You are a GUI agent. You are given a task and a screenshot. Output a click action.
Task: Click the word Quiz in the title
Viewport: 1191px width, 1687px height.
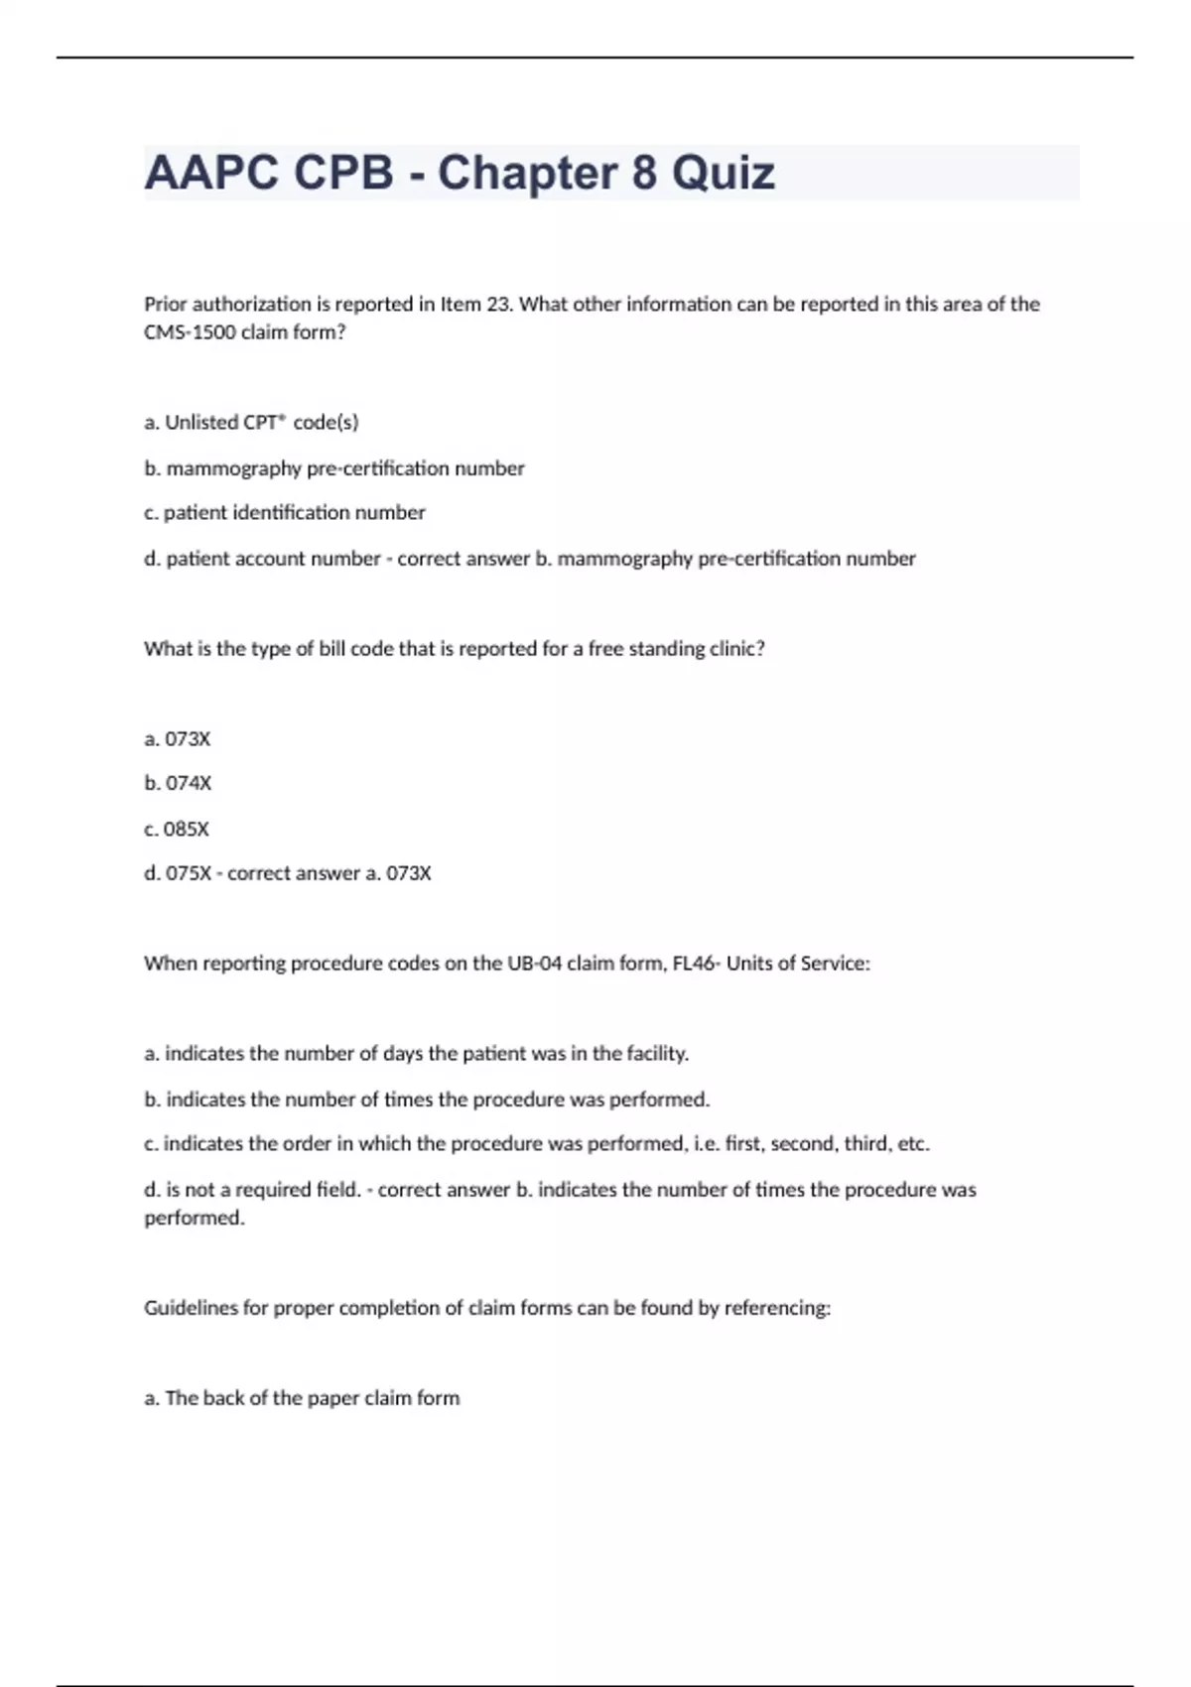[723, 173]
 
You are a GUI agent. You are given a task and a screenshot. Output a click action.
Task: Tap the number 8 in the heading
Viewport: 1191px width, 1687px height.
[643, 173]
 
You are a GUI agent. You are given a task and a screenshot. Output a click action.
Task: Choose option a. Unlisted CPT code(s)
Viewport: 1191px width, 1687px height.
[251, 422]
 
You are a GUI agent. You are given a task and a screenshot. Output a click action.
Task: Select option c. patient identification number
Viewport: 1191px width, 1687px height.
[284, 512]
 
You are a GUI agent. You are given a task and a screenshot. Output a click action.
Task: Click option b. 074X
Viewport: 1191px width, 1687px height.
[178, 783]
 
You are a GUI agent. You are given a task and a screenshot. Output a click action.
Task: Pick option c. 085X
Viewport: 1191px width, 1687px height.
[177, 829]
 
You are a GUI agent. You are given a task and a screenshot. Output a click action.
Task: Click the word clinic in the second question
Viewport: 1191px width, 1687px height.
[736, 648]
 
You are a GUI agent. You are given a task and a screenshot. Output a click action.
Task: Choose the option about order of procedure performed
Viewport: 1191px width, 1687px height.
[536, 1143]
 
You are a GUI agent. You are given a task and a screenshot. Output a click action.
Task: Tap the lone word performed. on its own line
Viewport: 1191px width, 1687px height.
[195, 1218]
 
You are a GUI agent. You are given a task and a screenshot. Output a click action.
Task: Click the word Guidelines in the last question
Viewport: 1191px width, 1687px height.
[191, 1308]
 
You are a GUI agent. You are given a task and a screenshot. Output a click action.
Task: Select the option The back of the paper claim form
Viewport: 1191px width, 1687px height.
[302, 1397]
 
